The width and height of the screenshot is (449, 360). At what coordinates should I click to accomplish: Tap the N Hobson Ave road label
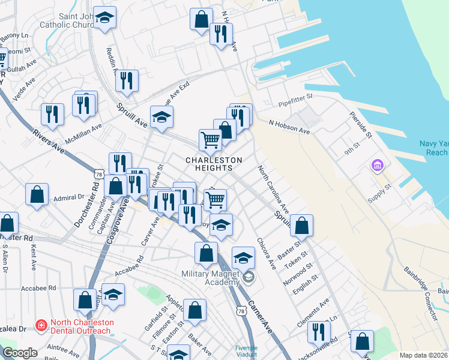coord(289,127)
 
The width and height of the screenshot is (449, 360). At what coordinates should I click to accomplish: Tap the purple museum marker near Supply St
coord(378,165)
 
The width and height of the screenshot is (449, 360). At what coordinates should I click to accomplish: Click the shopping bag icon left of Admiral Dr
coord(37,194)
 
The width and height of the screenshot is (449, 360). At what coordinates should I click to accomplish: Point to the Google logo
coord(19,353)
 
